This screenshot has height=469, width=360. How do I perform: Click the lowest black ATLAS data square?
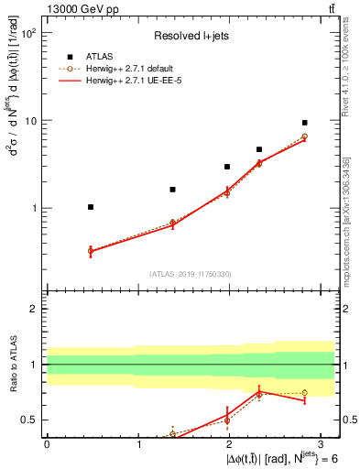(x=91, y=207)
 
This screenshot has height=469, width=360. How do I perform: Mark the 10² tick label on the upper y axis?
(x=27, y=33)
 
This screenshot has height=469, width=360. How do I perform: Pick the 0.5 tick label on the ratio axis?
(x=28, y=420)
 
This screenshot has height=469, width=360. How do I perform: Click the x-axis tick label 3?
(x=322, y=443)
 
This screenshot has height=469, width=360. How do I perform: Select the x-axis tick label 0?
(x=47, y=443)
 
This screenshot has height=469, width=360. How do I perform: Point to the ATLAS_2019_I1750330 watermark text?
(x=189, y=274)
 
